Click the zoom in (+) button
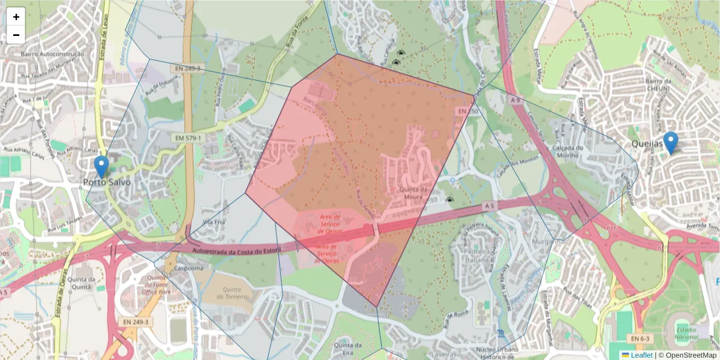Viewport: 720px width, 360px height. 16,17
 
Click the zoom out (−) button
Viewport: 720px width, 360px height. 16,35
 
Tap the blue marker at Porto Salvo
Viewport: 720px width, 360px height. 102,166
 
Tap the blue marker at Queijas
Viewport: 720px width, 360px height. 670,142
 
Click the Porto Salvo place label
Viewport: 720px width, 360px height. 107,181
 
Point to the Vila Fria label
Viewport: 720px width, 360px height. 214,221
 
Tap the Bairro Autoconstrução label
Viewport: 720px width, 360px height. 52,54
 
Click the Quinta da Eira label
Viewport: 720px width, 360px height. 349,349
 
